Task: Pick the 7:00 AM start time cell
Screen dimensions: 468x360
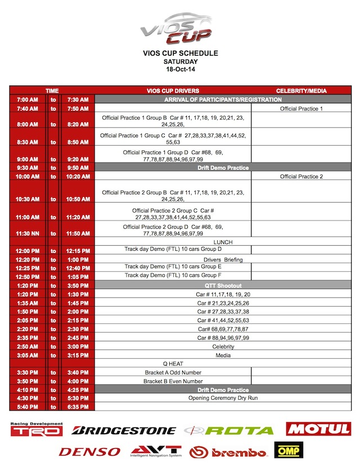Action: pyautogui.click(x=27, y=100)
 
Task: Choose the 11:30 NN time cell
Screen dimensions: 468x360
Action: pyautogui.click(x=27, y=233)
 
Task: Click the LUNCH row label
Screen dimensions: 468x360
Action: pyautogui.click(x=223, y=242)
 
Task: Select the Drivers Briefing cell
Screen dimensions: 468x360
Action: pyautogui.click(x=223, y=259)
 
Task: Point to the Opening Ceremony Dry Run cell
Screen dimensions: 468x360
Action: pyautogui.click(x=223, y=398)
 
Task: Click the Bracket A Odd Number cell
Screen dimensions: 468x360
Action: pyautogui.click(x=173, y=372)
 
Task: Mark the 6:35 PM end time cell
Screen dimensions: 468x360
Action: pyautogui.click(x=78, y=406)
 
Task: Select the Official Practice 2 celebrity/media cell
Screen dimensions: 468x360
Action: pyautogui.click(x=301, y=177)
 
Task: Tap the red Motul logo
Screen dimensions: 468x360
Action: pyautogui.click(x=318, y=429)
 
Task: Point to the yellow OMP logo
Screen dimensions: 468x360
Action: pyautogui.click(x=287, y=451)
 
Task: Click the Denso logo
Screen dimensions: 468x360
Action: pyautogui.click(x=89, y=452)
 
